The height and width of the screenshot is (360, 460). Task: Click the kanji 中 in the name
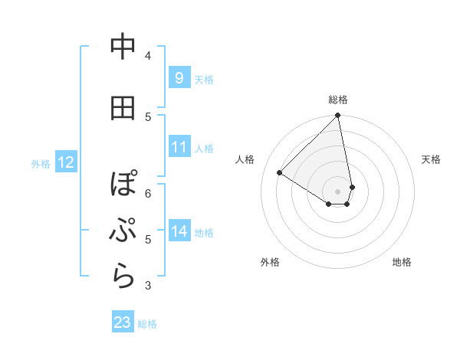123,47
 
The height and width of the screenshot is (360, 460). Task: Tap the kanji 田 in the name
123,108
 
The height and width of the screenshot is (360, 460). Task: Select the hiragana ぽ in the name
123,184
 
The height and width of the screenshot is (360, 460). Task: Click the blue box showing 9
179,77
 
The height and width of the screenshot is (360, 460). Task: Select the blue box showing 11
179,146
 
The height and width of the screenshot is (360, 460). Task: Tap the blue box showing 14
179,231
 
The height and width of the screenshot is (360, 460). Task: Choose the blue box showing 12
65,162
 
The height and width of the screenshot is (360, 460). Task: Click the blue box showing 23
123,322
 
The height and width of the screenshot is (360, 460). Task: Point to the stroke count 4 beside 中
147,55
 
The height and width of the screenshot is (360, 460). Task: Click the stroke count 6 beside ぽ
147,193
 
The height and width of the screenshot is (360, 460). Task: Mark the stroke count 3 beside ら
147,286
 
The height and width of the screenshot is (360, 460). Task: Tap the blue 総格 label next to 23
147,324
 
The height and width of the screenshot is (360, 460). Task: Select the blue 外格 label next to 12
41,163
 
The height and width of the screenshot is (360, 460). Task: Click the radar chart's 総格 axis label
338,100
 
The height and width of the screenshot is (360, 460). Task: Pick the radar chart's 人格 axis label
245,159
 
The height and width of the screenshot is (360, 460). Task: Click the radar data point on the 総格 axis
337,116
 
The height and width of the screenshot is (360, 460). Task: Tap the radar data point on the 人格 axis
280,173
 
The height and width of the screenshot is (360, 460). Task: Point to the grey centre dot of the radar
337,190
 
